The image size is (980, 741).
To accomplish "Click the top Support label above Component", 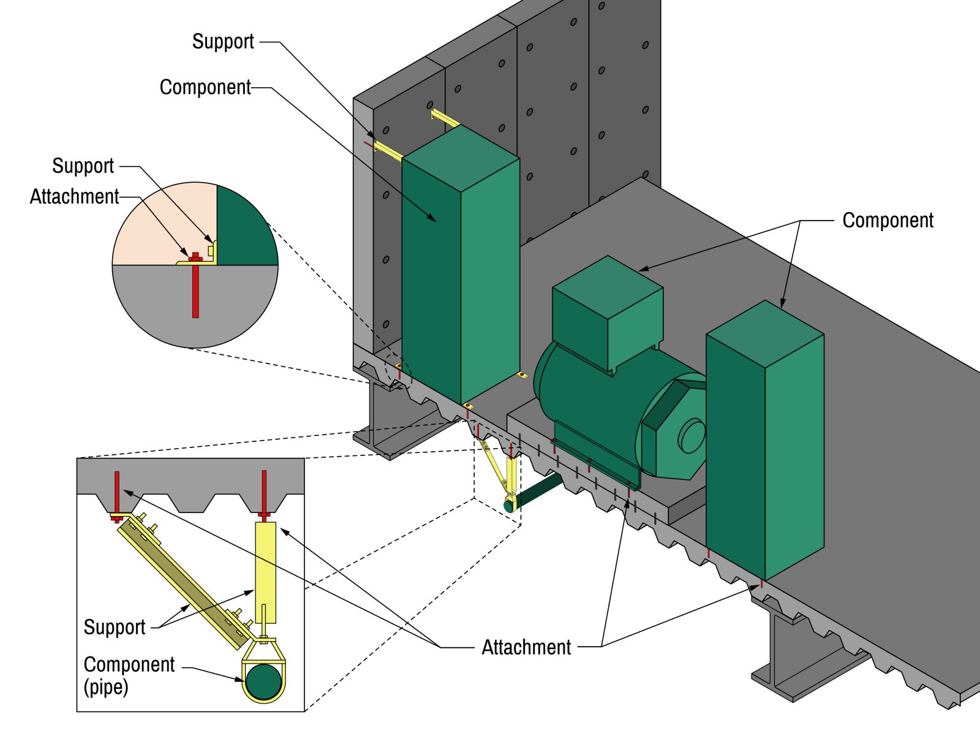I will click(x=222, y=42).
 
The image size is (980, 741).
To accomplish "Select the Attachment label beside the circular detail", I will click(x=74, y=197).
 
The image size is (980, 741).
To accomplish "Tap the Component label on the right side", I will click(x=888, y=221).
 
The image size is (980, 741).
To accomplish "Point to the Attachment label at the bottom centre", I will click(x=526, y=647).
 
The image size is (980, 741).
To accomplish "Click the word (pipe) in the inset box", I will click(x=106, y=686).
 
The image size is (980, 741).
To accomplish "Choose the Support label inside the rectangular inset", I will click(x=115, y=627).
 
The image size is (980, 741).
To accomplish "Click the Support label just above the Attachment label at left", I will click(x=83, y=166).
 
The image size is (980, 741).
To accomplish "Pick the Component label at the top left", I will click(x=205, y=87).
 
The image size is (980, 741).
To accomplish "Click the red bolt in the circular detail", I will click(x=195, y=288).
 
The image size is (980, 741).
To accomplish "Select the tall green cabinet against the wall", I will click(x=459, y=270).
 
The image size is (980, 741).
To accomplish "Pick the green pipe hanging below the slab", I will click(x=539, y=490).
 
